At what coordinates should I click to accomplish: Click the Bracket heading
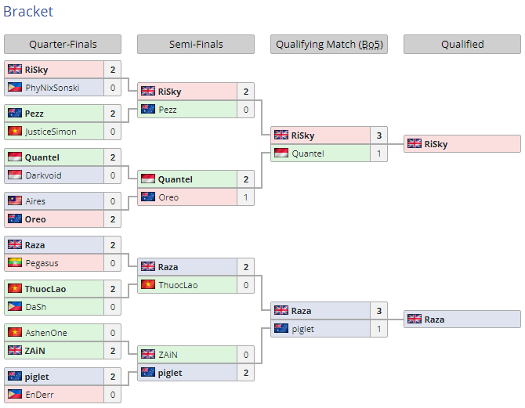(28, 12)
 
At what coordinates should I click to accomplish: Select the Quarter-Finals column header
(63, 44)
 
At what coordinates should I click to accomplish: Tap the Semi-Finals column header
(196, 44)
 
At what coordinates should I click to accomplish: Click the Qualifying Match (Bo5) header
(329, 44)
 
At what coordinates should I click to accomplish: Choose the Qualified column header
(462, 44)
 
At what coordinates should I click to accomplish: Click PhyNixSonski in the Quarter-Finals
(52, 88)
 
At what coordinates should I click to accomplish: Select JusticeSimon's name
(51, 132)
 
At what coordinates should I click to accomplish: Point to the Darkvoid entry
(44, 175)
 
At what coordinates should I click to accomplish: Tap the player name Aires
(35, 201)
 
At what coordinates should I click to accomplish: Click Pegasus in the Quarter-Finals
(42, 263)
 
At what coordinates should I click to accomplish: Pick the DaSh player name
(36, 307)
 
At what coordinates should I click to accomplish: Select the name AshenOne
(46, 333)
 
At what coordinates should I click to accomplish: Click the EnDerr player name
(39, 395)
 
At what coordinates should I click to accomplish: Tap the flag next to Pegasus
(15, 263)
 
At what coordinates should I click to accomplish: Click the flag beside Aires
(15, 200)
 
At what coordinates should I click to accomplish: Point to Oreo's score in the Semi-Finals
(246, 197)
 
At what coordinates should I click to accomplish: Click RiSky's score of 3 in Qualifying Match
(379, 135)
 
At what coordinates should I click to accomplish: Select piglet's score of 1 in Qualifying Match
(379, 329)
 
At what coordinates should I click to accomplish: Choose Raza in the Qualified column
(434, 320)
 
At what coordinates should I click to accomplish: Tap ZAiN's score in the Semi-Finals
(246, 355)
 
